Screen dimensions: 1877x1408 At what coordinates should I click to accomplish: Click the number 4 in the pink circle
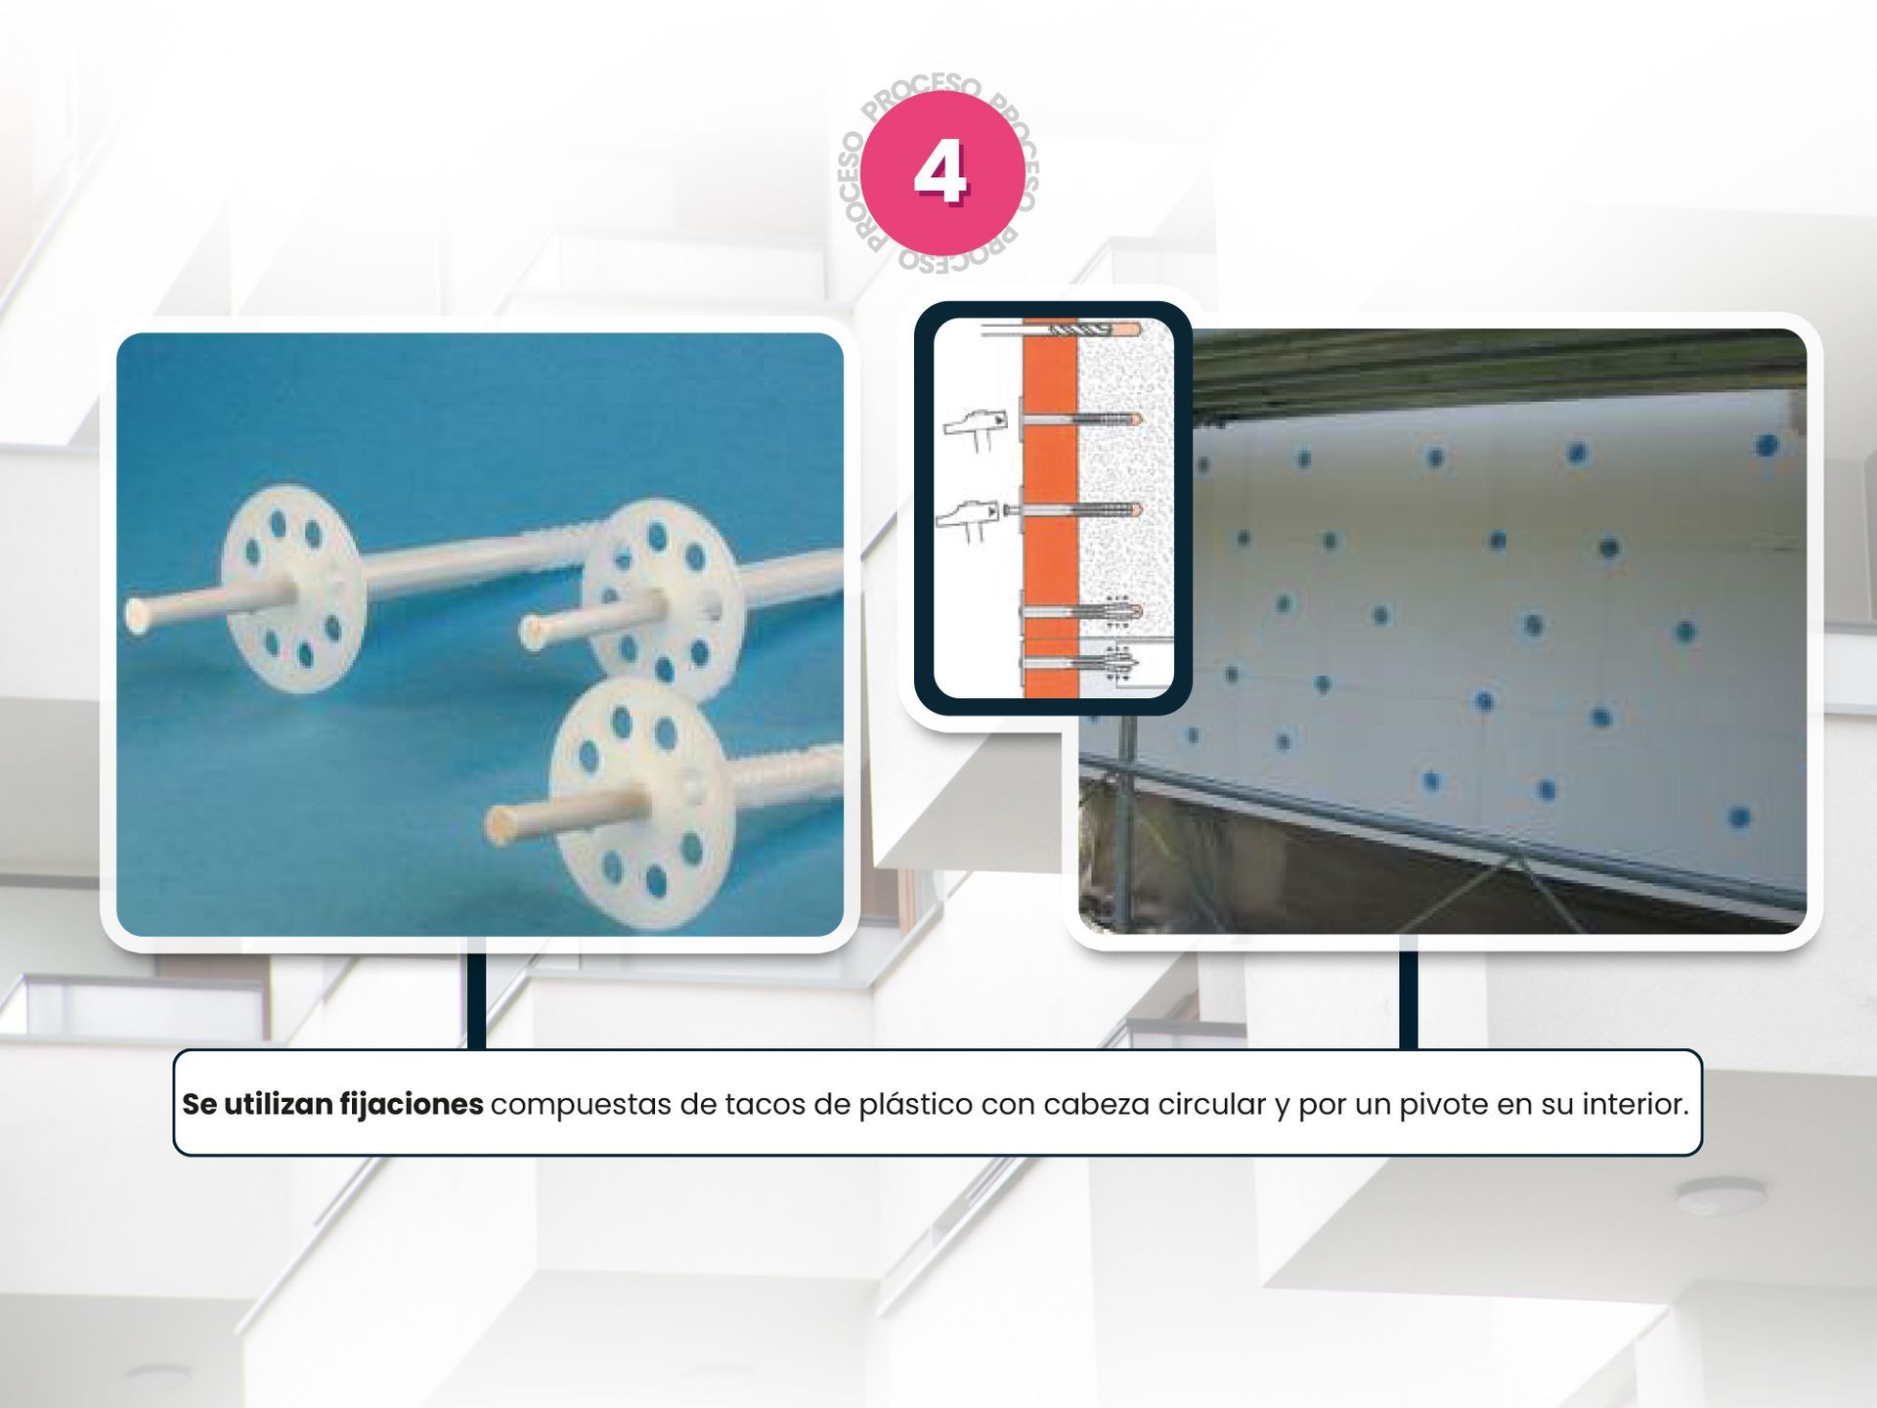[x=940, y=172]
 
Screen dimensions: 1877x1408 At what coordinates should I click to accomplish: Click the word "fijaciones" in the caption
[x=411, y=1104]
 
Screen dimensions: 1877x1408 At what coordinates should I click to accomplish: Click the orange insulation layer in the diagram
[x=1051, y=507]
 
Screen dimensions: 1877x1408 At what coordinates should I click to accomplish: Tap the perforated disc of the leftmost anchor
[x=293, y=588]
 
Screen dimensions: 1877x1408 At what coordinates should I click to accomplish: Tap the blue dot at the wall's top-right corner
[x=1766, y=446]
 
